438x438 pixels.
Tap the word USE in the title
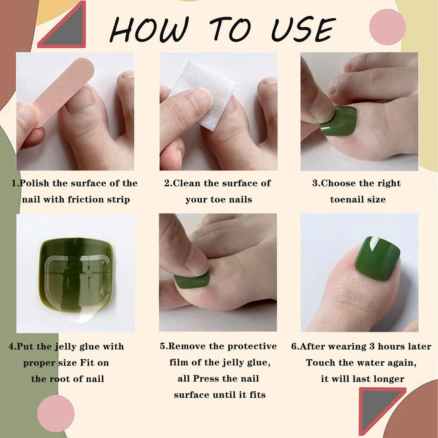(303, 30)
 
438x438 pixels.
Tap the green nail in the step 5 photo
(192, 280)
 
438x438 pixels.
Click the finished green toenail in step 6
(377, 258)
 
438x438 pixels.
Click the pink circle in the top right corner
(387, 27)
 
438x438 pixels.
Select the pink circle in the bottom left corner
(56, 413)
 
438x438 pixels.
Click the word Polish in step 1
(34, 183)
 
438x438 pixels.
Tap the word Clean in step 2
(187, 183)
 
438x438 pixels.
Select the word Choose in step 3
(337, 183)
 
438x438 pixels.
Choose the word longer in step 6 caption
(390, 379)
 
